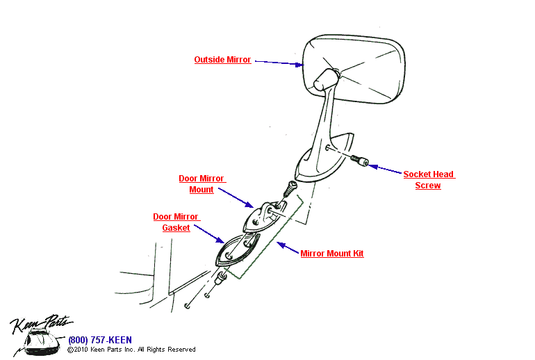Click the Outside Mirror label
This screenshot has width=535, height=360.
(222, 60)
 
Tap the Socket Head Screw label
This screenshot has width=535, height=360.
(429, 180)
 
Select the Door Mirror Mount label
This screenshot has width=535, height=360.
(201, 184)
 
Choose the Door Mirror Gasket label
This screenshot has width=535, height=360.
(176, 222)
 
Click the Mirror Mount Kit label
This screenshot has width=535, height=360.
(331, 254)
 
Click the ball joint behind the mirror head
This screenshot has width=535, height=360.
(324, 78)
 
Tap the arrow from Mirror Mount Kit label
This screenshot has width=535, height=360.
(288, 248)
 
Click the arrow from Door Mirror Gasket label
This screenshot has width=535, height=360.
(209, 233)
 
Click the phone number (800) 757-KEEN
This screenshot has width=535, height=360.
(99, 340)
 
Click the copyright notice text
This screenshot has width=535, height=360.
(131, 350)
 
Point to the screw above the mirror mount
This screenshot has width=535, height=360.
(290, 188)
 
